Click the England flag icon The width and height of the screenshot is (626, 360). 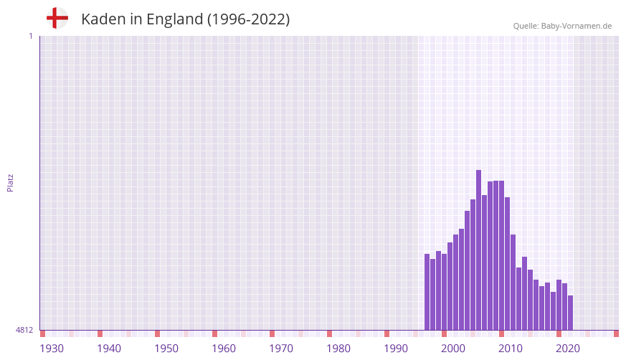click(x=57, y=19)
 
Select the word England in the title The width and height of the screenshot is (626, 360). click(x=174, y=19)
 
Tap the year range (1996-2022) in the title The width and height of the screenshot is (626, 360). click(x=248, y=19)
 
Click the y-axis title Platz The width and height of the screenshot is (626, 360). click(x=10, y=183)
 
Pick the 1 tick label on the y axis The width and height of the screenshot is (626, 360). click(x=30, y=36)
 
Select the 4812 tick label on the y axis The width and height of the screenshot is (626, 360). click(x=24, y=330)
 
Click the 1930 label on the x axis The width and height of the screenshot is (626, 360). click(x=52, y=349)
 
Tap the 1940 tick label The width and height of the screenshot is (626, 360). click(x=109, y=349)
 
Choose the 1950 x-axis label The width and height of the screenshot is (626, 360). click(x=166, y=349)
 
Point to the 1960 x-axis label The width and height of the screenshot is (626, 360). click(x=224, y=349)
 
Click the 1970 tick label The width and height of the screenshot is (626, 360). click(x=281, y=349)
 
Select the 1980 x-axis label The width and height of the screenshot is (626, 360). click(x=338, y=349)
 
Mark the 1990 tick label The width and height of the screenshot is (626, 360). click(x=396, y=349)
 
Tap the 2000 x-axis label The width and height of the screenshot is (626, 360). click(x=453, y=349)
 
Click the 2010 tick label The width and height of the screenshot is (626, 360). click(x=511, y=349)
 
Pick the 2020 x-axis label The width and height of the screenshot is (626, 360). click(x=568, y=349)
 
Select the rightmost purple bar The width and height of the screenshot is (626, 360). click(x=570, y=313)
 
